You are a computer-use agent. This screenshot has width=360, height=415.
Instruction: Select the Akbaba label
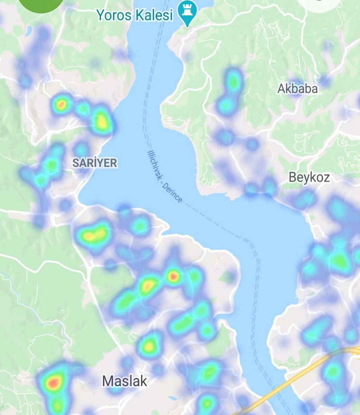[x=297, y=89]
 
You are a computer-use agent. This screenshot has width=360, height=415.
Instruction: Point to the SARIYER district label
[x=94, y=163]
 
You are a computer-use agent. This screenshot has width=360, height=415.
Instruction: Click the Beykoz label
[x=309, y=177]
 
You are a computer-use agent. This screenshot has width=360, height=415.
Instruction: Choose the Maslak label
[x=124, y=381]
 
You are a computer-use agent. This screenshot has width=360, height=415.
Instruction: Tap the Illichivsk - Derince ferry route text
[x=164, y=176]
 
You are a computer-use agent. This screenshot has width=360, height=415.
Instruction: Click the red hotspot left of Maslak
[x=54, y=382]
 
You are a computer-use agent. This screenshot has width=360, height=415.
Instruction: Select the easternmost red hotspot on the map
[x=173, y=276]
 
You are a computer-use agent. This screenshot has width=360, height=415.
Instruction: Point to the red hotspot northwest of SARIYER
[x=61, y=104]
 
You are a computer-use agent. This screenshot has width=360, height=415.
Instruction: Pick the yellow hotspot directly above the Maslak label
[x=149, y=346]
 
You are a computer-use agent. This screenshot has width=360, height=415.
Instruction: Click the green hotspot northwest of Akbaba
[x=234, y=82]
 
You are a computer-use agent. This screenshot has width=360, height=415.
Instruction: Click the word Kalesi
[x=155, y=15]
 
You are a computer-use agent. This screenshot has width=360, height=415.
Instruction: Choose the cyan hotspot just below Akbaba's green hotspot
[x=225, y=104]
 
